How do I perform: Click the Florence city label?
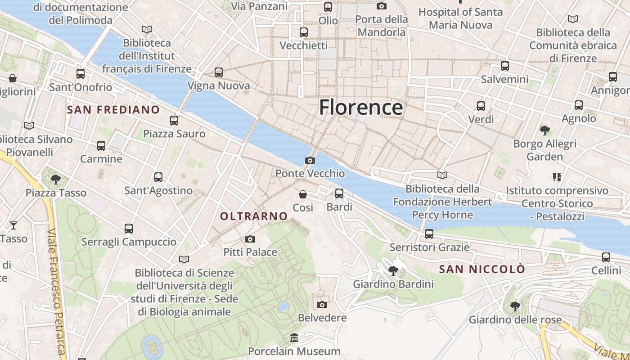pyautogui.click(x=361, y=108)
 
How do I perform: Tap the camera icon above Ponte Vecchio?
pyautogui.click(x=310, y=160)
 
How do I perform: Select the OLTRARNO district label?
pyautogui.click(x=254, y=216)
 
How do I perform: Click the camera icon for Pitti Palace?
pyautogui.click(x=250, y=239)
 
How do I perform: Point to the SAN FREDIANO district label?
pyautogui.click(x=113, y=110)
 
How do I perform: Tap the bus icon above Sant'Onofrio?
pyautogui.click(x=81, y=74)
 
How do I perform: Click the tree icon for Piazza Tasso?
pyautogui.click(x=56, y=180)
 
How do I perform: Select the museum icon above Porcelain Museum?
pyautogui.click(x=294, y=337)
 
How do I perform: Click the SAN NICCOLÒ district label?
pyautogui.click(x=482, y=270)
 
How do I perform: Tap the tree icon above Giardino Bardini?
pyautogui.click(x=393, y=270)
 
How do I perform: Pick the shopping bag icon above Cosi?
pyautogui.click(x=303, y=194)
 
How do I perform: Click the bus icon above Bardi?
pyautogui.click(x=339, y=193)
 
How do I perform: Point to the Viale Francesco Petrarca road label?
pyautogui.click(x=57, y=292)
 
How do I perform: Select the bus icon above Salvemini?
pyautogui.click(x=505, y=66)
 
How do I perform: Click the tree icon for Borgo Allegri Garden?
pyautogui.click(x=545, y=130)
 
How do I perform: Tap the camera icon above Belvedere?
pyautogui.click(x=322, y=305)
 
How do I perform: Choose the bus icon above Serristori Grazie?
pyautogui.click(x=429, y=234)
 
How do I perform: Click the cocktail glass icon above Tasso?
pyautogui.click(x=13, y=225)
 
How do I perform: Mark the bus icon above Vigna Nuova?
pyautogui.click(x=219, y=72)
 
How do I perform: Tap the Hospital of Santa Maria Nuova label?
pyautogui.click(x=460, y=18)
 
